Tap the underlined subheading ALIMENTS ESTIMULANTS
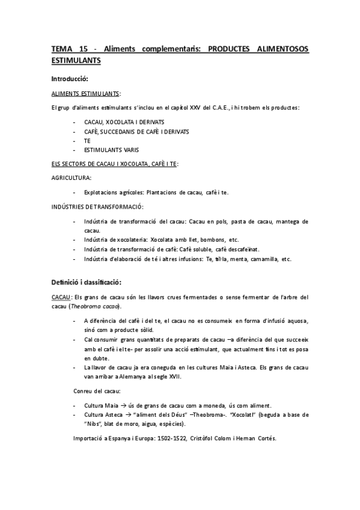(x=85, y=94)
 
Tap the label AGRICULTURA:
(x=72, y=177)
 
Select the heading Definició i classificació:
(x=87, y=281)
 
